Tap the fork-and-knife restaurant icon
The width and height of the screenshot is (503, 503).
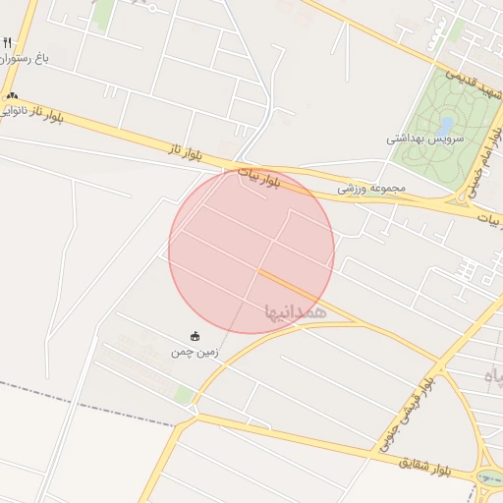(x=8, y=42)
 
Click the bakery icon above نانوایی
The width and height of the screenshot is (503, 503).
(x=12, y=96)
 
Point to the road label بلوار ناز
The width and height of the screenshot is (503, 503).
(x=184, y=152)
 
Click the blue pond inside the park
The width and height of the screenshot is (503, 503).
(x=446, y=126)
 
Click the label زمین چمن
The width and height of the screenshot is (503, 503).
(x=195, y=352)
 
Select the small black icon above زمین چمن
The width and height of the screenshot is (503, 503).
(x=195, y=336)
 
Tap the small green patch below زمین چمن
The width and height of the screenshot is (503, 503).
(x=184, y=395)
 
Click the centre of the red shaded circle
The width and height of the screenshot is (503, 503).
(x=251, y=251)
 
